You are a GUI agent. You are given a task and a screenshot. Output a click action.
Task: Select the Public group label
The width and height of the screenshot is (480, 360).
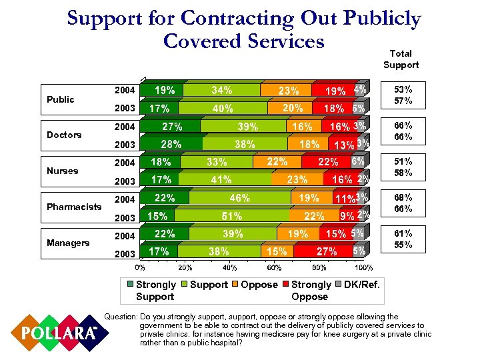tap(61, 99)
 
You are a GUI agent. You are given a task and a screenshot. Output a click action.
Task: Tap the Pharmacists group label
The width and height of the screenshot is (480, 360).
tap(73, 207)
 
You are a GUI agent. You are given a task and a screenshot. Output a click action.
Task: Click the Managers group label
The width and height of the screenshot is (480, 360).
tap(67, 243)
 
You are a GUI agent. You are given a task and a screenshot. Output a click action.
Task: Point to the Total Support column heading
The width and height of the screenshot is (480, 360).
tap(401, 59)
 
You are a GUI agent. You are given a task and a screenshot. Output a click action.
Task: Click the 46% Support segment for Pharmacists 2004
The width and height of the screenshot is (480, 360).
tap(239, 198)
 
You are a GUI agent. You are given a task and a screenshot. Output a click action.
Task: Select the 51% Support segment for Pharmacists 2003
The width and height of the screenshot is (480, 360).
tap(231, 216)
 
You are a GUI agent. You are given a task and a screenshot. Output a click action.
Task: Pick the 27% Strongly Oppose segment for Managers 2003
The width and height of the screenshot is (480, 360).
tap(327, 252)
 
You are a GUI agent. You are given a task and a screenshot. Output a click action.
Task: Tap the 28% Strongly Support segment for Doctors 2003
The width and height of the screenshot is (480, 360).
tap(171, 144)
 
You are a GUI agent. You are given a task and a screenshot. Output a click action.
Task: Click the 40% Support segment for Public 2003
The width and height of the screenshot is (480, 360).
tap(222, 108)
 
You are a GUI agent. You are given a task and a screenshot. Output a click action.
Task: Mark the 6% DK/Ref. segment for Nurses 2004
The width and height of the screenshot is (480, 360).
tap(358, 161)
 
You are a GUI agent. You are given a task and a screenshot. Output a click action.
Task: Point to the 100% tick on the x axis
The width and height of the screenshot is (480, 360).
tap(363, 267)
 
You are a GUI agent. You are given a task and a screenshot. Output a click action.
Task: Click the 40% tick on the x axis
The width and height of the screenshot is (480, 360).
tap(229, 267)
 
